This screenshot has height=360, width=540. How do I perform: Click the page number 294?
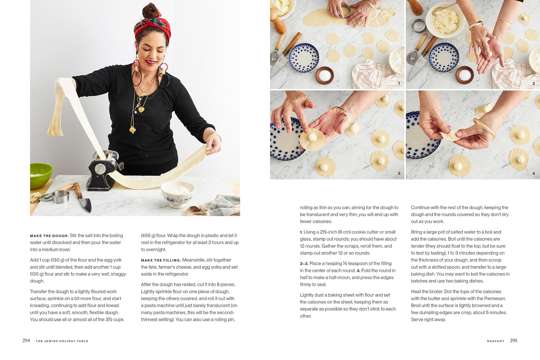[26, 341]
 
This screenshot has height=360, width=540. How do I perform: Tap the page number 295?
[513, 341]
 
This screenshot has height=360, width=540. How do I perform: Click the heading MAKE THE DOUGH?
[49, 236]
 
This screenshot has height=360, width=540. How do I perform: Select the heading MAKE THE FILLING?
[161, 260]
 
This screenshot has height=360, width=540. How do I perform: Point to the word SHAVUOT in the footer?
[495, 341]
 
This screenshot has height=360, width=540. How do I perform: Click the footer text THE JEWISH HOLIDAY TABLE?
[62, 341]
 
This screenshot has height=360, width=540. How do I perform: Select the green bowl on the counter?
[40, 175]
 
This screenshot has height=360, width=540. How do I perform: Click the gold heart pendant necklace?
[141, 109]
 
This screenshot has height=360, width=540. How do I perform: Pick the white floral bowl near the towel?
[178, 193]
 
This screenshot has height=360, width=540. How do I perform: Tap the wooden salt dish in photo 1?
[325, 75]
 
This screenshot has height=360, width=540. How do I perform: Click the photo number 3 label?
[399, 174]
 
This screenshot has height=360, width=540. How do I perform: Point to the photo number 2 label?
[534, 83]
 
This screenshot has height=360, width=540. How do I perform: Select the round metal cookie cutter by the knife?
[60, 196]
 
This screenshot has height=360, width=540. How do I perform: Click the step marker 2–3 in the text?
[304, 264]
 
